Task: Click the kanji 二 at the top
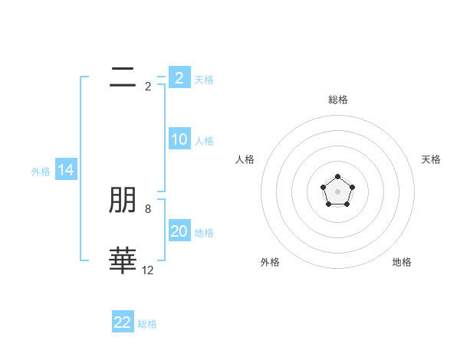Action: tap(123, 77)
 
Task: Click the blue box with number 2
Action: tap(179, 77)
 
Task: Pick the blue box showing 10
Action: tap(179, 139)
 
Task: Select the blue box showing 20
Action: tap(179, 231)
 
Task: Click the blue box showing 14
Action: tap(66, 171)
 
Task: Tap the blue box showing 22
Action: tap(123, 322)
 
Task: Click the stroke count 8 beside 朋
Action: tap(148, 208)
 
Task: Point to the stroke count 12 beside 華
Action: tap(148, 270)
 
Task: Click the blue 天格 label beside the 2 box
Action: tap(204, 79)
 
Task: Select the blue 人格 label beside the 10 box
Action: tap(204, 141)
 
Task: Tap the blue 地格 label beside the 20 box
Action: tap(204, 233)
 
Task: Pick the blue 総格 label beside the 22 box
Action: tap(147, 324)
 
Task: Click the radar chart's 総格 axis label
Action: tap(337, 100)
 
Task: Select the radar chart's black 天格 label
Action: tap(431, 159)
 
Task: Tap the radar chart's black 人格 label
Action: tap(245, 159)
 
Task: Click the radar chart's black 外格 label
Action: tap(270, 262)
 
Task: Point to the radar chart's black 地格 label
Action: tap(402, 262)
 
